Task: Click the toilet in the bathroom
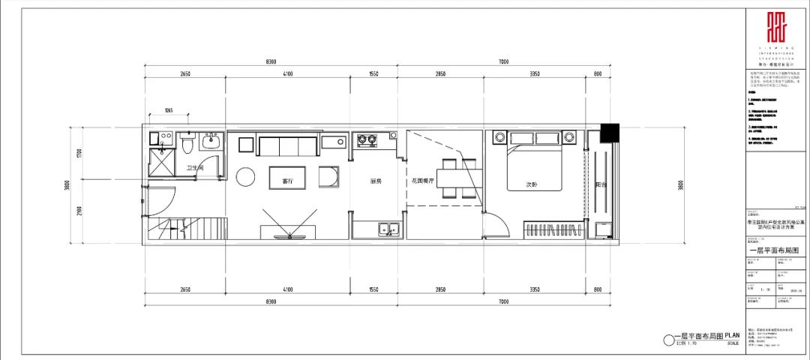[187, 141]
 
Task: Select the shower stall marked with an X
[160, 163]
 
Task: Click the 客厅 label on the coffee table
[287, 181]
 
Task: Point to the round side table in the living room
[246, 177]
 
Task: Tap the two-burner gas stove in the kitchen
[367, 140]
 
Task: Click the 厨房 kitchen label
[377, 181]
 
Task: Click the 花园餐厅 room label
[424, 181]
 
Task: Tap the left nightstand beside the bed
[498, 137]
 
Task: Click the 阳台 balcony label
[601, 184]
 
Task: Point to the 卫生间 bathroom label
[195, 169]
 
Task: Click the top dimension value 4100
[287, 74]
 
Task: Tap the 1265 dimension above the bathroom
[169, 111]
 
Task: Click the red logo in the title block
[776, 29]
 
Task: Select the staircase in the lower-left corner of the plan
[184, 228]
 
